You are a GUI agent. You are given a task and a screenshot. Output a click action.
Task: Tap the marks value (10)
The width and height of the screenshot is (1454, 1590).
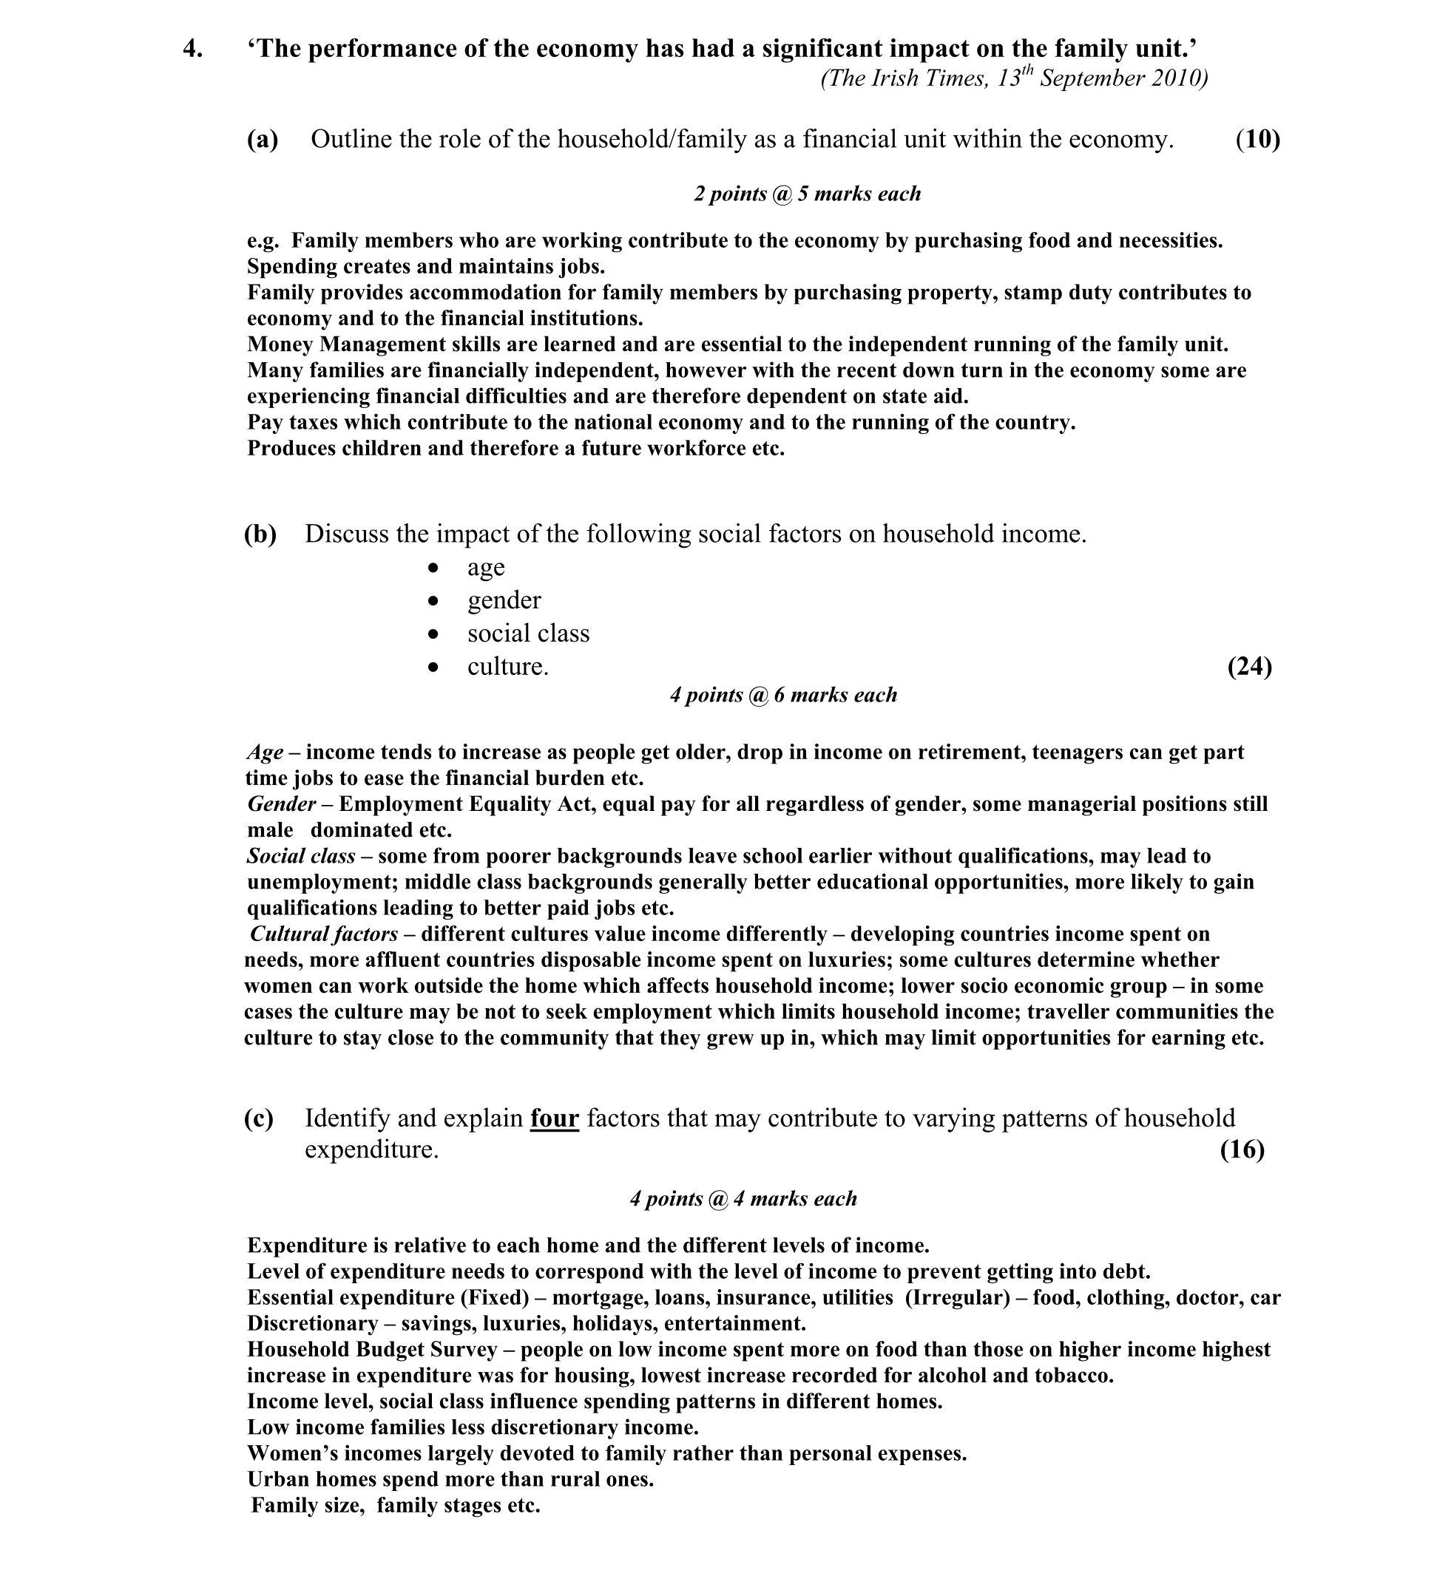coord(1257,140)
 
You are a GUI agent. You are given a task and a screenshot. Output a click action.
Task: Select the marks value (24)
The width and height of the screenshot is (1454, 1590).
coord(1249,667)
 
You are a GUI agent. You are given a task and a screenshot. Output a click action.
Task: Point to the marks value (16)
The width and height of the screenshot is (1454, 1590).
coord(1242,1150)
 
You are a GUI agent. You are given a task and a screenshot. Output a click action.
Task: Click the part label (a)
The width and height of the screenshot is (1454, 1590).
coord(263,140)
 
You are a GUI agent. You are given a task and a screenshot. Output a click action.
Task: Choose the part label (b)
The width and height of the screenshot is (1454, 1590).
coord(260,534)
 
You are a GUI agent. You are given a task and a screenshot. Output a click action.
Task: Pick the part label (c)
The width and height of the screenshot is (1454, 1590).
coord(259,1118)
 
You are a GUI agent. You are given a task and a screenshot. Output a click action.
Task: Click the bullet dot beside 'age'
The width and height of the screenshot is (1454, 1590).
coord(433,568)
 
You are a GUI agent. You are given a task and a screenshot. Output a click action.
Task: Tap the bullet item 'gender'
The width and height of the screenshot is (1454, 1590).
coord(504,601)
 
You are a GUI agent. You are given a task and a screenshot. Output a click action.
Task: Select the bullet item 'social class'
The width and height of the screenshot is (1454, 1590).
coord(528,634)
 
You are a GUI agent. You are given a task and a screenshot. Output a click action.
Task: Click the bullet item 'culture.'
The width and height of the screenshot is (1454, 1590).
coord(507,667)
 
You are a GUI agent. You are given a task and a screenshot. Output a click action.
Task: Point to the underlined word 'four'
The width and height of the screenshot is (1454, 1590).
coord(554,1118)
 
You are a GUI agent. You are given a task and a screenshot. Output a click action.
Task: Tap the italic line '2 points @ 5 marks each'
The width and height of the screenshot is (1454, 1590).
coord(807,194)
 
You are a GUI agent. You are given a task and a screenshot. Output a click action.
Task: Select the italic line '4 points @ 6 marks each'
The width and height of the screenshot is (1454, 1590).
coord(783,696)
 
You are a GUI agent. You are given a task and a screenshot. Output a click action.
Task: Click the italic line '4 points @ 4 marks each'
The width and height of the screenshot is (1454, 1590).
coord(743,1200)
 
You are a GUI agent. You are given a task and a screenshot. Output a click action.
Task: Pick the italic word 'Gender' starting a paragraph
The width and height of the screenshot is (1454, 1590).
coord(282,804)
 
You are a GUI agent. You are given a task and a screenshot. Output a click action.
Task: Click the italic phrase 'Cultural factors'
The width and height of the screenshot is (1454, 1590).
coord(323,934)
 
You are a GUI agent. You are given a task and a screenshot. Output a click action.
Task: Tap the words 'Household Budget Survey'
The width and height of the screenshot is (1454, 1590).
coord(373,1351)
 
